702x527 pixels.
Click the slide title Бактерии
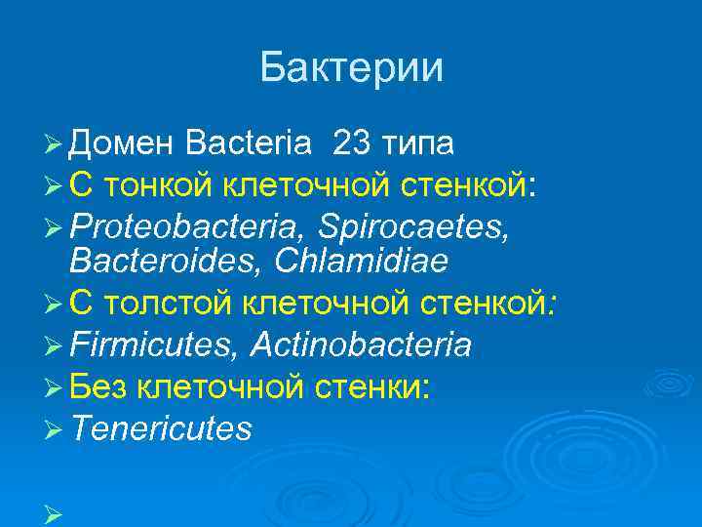(x=351, y=67)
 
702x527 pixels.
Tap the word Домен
(x=122, y=144)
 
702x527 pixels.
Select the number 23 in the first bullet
(x=351, y=144)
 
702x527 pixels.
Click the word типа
(x=416, y=144)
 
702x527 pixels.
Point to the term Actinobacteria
(x=361, y=345)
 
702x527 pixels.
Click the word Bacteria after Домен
(x=249, y=144)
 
